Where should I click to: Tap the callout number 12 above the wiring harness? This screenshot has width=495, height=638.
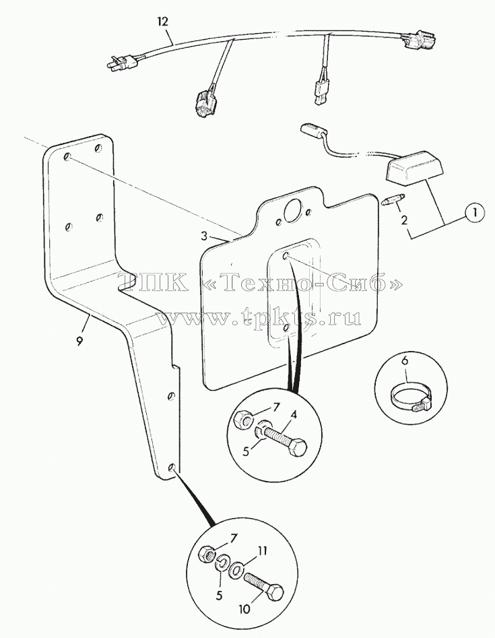162,22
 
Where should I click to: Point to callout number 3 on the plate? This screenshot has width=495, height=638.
205,236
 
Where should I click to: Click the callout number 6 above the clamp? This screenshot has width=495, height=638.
405,360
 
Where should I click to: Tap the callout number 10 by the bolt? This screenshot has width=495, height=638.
245,609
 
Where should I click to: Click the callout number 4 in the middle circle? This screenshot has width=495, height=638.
294,416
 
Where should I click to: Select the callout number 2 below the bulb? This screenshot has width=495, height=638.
404,220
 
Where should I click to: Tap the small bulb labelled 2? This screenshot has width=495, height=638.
395,200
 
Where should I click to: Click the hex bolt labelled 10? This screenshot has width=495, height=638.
265,586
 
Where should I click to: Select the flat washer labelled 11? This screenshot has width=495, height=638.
236,571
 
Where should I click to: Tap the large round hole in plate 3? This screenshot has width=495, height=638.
294,211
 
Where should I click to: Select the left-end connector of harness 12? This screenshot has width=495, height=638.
122,62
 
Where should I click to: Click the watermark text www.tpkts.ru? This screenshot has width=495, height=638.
259,318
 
